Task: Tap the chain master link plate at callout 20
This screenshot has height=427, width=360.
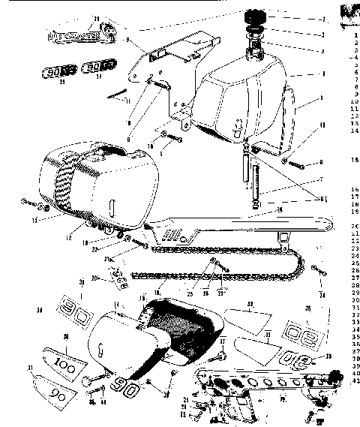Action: click(x=115, y=281)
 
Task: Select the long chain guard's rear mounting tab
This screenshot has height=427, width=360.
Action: click(x=283, y=238)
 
